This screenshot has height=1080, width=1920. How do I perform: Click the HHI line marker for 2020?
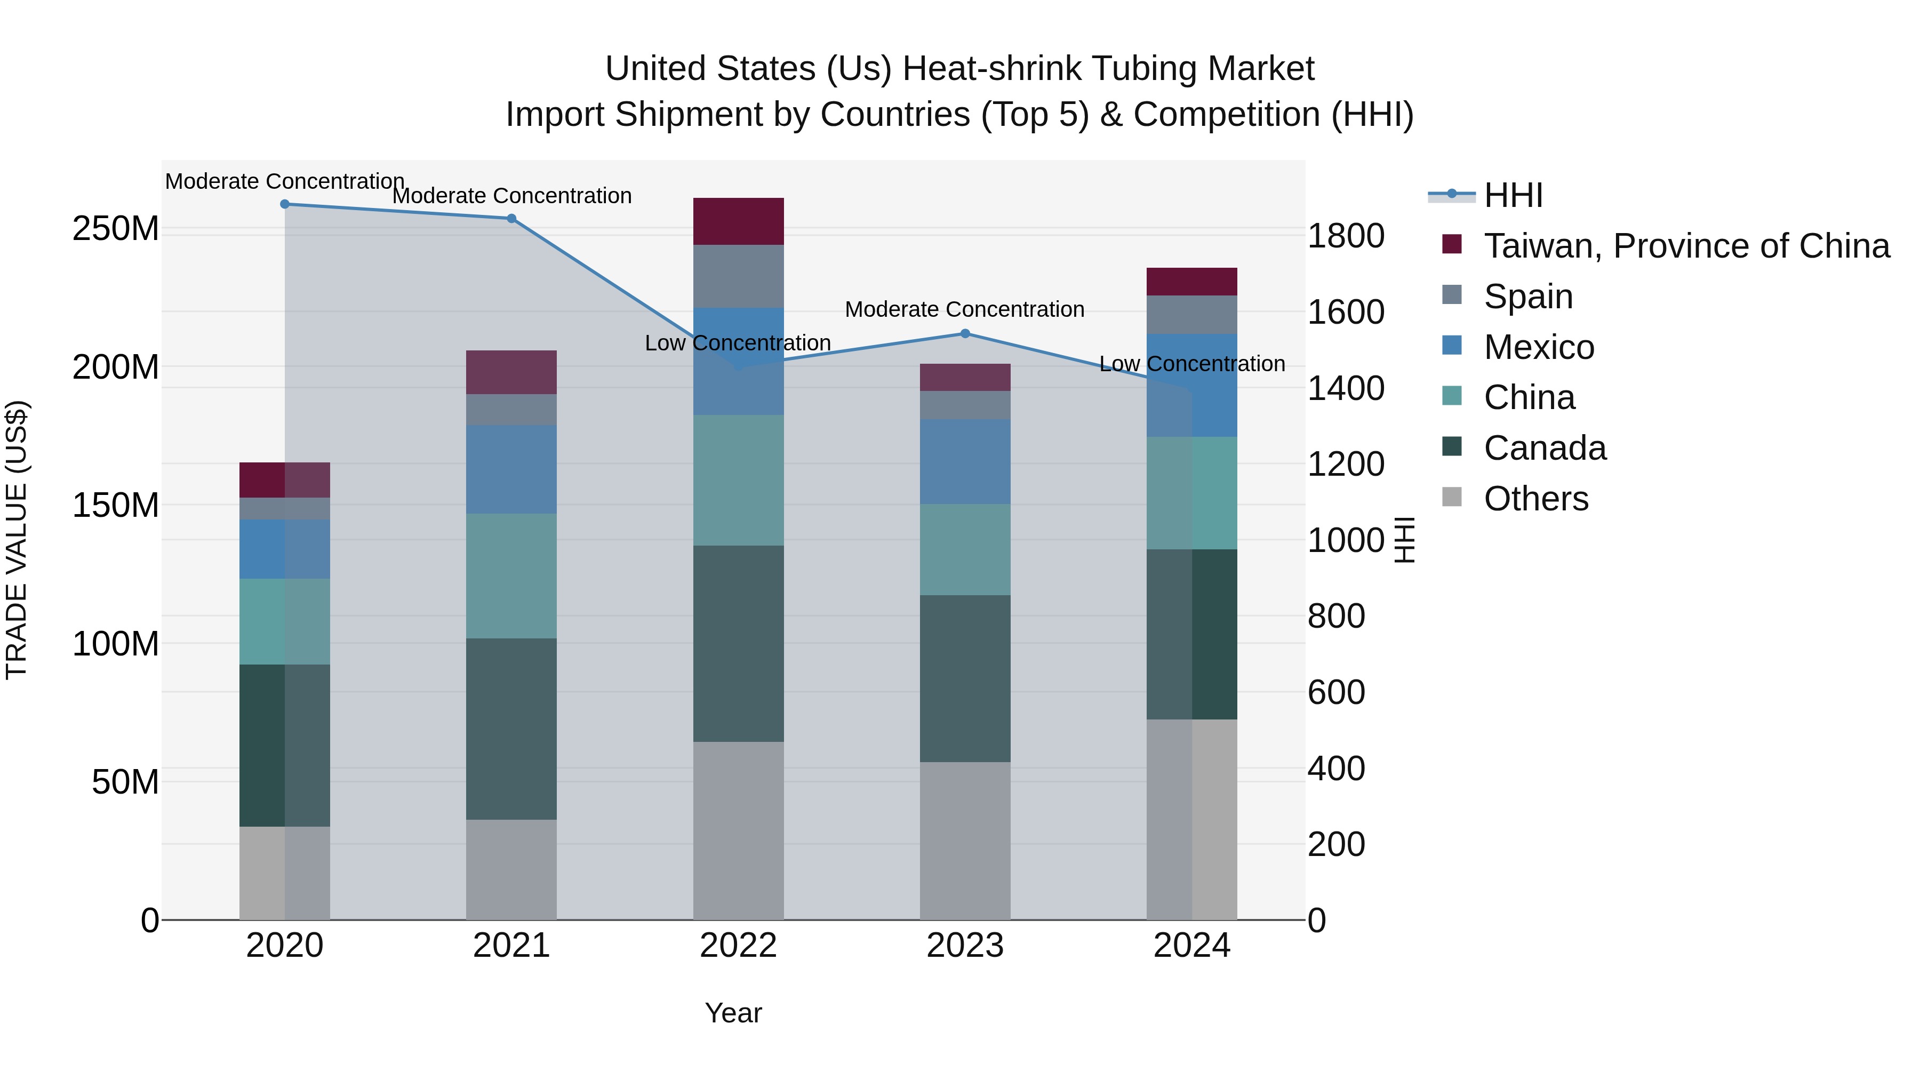(285, 204)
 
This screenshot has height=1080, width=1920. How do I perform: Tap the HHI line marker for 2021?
(511, 218)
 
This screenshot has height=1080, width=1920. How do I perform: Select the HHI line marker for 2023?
(965, 333)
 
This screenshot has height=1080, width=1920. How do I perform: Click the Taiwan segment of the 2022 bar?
(738, 221)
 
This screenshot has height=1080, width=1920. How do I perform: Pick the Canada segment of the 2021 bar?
(511, 729)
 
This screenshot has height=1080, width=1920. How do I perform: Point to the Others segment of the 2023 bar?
(965, 840)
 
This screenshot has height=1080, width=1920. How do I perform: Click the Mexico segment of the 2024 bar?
(1192, 386)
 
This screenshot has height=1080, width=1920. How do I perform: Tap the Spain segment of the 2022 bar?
(738, 276)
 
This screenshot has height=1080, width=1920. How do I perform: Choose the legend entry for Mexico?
(1538, 347)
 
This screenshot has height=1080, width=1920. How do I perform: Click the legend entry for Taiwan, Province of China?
(1686, 246)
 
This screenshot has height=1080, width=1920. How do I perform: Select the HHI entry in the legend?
(1513, 195)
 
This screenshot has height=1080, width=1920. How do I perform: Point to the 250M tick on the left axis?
(116, 229)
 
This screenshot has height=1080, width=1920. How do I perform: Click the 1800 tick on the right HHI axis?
(1346, 236)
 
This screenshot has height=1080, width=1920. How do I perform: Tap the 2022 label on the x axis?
(738, 946)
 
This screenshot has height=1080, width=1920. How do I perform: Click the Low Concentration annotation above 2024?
(1192, 364)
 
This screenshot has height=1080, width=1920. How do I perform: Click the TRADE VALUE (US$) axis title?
(17, 540)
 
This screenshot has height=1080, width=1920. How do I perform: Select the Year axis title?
(733, 1013)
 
